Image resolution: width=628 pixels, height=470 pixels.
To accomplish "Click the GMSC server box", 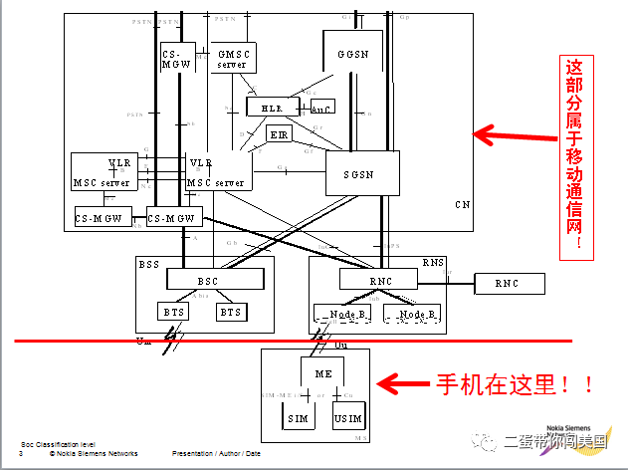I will [233, 58].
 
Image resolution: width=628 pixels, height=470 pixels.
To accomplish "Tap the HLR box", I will [265, 107].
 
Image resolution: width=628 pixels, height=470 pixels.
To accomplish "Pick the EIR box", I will [280, 134].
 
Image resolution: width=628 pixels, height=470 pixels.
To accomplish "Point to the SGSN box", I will [362, 173].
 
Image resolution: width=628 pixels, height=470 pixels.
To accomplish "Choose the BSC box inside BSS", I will [207, 281].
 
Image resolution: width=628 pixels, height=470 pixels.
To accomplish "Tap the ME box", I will [323, 373].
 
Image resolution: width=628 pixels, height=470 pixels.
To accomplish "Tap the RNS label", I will [433, 263].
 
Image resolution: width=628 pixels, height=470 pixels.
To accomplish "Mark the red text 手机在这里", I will [518, 383].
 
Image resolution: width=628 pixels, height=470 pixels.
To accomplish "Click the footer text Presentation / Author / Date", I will [216, 454].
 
